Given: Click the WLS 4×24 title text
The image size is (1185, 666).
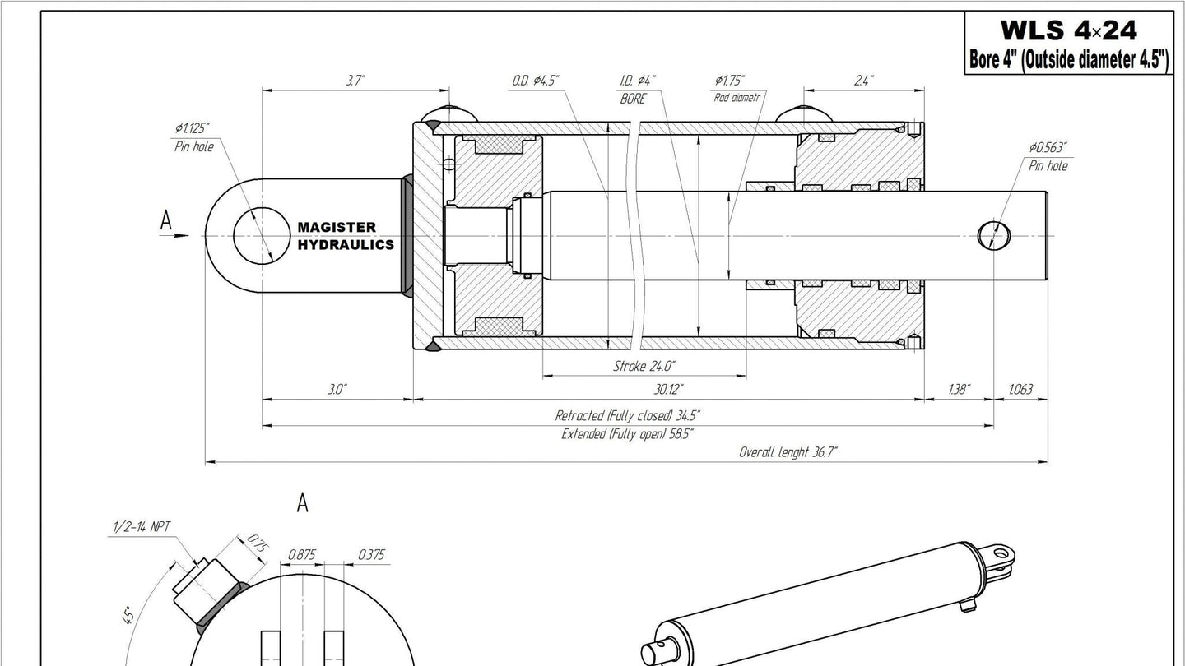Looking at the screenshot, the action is coord(1069,30).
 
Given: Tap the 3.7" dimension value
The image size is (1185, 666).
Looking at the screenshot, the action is coord(355,81).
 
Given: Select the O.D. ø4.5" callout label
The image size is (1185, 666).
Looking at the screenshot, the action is coord(536,81).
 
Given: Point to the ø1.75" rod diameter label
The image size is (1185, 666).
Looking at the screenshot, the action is coord(730,81).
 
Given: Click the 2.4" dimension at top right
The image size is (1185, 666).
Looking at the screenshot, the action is coord(864,81).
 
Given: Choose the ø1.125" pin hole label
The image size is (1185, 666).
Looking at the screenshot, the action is coord(192,128).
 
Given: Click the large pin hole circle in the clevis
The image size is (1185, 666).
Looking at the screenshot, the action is coord(262,235).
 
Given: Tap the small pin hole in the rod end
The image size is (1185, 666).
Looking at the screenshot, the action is coord(994,235).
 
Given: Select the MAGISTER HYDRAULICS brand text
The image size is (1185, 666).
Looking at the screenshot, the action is coord(346,236).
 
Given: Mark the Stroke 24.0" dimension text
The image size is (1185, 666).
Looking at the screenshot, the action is coord(644,366).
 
